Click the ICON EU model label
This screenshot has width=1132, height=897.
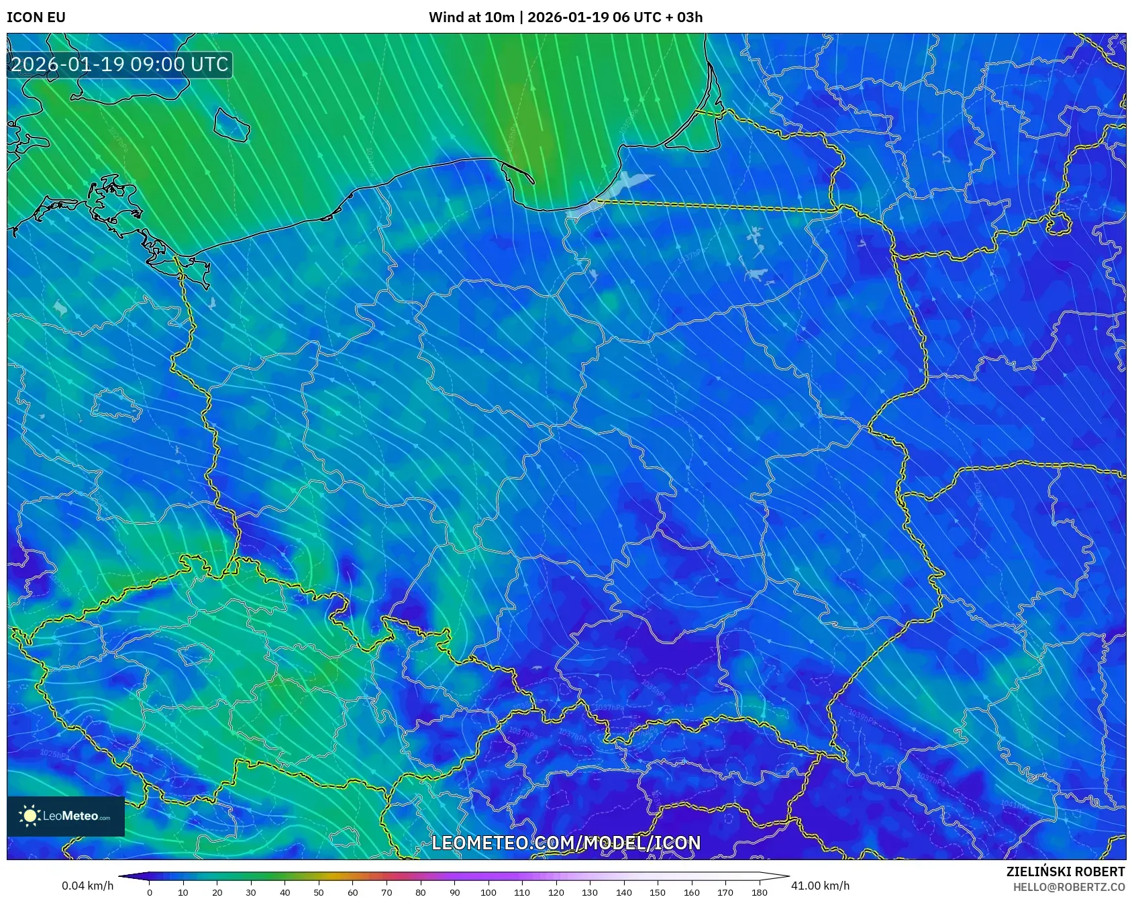pos(36,17)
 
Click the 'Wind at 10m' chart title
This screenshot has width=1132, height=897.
pos(472,17)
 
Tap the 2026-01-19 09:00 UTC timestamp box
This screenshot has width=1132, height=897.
pos(119,64)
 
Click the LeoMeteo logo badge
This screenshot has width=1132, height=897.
pos(66,816)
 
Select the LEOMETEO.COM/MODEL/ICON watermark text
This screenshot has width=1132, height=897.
pos(566,843)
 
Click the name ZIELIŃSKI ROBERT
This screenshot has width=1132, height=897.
pos(1065,872)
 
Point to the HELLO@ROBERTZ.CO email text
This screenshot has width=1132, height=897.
pos(1068,887)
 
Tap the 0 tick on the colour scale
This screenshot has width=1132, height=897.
pos(149,892)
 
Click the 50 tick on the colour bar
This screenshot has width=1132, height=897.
pos(319,892)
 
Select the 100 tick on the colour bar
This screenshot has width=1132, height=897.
pos(488,892)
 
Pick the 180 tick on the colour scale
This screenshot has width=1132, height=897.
pos(759,892)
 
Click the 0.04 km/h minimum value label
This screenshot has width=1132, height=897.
pos(87,886)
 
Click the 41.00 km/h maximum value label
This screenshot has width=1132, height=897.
pos(820,886)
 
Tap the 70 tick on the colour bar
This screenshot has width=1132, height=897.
pos(387,892)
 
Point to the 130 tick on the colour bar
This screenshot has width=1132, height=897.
pos(590,892)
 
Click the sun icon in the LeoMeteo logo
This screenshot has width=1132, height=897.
pos(30,816)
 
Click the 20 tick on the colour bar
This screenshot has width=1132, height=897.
pos(217,892)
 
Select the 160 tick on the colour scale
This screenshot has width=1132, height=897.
pos(691,892)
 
